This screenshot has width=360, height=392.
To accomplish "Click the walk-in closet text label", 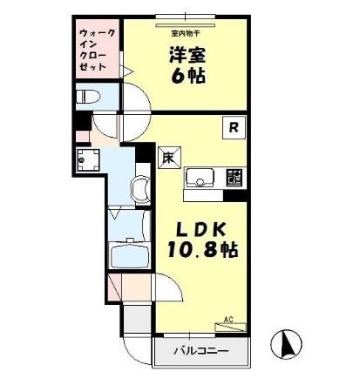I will pyautogui.click(x=93, y=51).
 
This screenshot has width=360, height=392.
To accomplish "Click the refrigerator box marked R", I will pyautogui.click(x=235, y=127).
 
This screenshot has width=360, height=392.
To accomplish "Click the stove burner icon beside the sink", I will pyautogui.click(x=234, y=177).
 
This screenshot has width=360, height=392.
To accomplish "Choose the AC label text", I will pyautogui.click(x=228, y=320).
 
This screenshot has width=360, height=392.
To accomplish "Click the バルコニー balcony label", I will pyautogui.click(x=200, y=351).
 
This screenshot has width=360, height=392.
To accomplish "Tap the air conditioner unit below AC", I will pyautogui.click(x=232, y=328).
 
